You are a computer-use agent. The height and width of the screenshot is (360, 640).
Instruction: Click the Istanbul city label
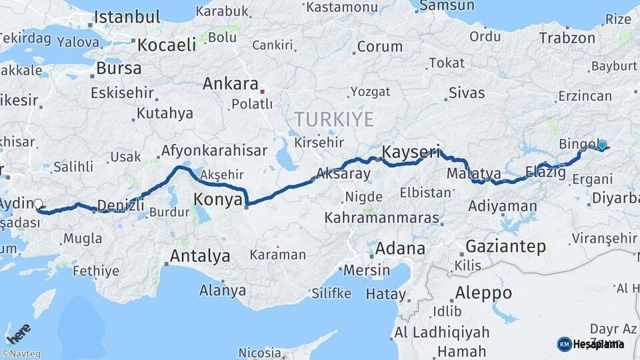point(127,17)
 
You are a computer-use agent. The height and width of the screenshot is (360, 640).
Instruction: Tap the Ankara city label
point(230,85)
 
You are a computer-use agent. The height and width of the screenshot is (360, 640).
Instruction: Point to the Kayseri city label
point(411,151)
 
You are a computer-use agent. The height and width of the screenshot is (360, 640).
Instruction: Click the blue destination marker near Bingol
point(602,145)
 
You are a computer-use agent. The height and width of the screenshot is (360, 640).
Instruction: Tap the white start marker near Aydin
point(38,205)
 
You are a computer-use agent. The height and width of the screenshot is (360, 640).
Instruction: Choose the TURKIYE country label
point(334,119)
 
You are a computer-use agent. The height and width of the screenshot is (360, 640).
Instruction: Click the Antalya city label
point(199,256)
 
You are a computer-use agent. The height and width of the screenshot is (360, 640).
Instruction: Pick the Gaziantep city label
point(505,246)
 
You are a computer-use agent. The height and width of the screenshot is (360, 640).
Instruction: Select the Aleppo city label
point(483,293)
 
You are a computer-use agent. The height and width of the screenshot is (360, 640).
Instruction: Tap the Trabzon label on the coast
point(567,38)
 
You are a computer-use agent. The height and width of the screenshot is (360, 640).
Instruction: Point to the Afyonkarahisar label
point(214,151)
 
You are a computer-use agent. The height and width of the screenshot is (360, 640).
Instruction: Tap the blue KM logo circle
point(564,344)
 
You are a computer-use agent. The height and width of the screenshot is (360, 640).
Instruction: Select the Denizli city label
point(121,205)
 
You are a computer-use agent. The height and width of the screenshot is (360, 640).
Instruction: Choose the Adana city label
point(400,249)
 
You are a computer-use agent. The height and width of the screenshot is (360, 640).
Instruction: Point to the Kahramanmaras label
point(382,218)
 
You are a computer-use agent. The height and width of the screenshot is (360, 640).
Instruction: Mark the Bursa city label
point(119,68)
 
